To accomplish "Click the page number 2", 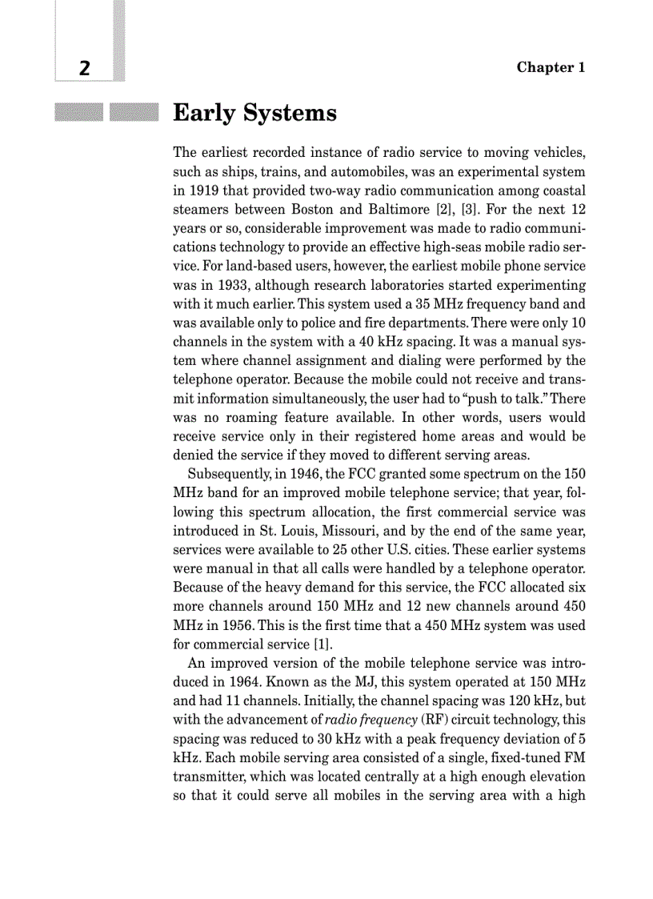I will pos(84,68).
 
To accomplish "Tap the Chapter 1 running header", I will pos(551,67).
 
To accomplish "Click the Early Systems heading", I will pos(254,114).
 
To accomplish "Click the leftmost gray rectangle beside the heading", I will pos(78,113).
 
